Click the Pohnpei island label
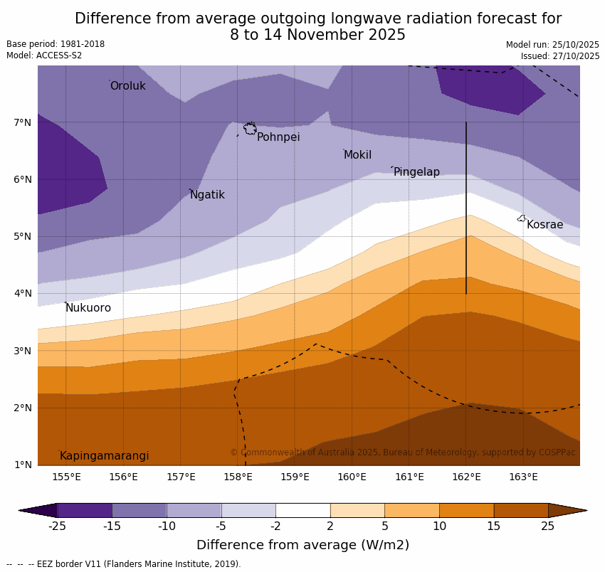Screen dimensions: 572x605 pyautogui.click(x=278, y=137)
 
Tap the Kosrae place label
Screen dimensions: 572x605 pyautogui.click(x=544, y=225)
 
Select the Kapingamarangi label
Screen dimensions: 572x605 pyautogui.click(x=104, y=456)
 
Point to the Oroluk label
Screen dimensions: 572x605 pyautogui.click(x=127, y=86)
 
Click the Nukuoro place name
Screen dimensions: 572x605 pyautogui.click(x=88, y=308)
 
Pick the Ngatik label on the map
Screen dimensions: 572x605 pyautogui.click(x=207, y=195)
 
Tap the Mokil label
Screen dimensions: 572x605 pyautogui.click(x=357, y=155)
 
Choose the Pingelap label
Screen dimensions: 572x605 pyautogui.click(x=416, y=172)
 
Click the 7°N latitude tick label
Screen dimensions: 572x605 pyautogui.click(x=22, y=122)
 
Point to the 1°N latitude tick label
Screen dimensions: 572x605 pyautogui.click(x=22, y=465)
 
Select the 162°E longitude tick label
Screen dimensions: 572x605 pyautogui.click(x=466, y=477)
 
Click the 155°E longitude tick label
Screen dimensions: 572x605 pyautogui.click(x=66, y=477)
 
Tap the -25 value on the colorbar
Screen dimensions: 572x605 pyautogui.click(x=57, y=526)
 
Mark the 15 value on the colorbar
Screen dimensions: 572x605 pyautogui.click(x=494, y=526)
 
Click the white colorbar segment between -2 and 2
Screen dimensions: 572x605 pyautogui.click(x=302, y=510)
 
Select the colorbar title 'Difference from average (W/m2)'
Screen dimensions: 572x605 pyautogui.click(x=302, y=545)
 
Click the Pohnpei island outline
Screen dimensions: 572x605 pyautogui.click(x=250, y=129)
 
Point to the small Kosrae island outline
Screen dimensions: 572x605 pyautogui.click(x=521, y=218)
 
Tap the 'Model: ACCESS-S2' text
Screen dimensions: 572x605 pyautogui.click(x=44, y=55)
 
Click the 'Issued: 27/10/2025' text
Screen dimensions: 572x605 pyautogui.click(x=559, y=56)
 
